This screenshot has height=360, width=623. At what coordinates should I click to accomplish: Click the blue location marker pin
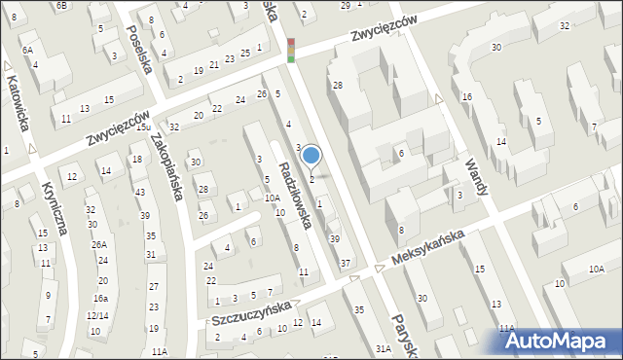[311, 156]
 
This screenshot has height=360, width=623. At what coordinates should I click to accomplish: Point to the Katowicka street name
[18, 104]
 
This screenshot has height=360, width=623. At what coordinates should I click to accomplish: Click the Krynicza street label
[54, 208]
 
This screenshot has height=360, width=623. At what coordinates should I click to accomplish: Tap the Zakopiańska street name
[165, 166]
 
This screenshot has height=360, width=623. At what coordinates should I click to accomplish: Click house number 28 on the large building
[338, 86]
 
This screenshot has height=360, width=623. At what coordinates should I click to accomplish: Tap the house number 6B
[62, 6]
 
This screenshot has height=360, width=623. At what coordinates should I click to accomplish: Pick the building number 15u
[142, 127]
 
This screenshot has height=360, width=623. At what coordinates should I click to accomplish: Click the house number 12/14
[96, 315]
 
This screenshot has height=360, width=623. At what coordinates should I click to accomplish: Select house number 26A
[99, 245]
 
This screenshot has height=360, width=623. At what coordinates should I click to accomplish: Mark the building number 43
[140, 193]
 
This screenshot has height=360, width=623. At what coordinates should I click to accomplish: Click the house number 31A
[384, 347]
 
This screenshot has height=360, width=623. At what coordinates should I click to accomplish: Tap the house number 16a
[100, 299]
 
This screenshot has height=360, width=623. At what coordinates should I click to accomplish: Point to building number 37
[345, 264]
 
